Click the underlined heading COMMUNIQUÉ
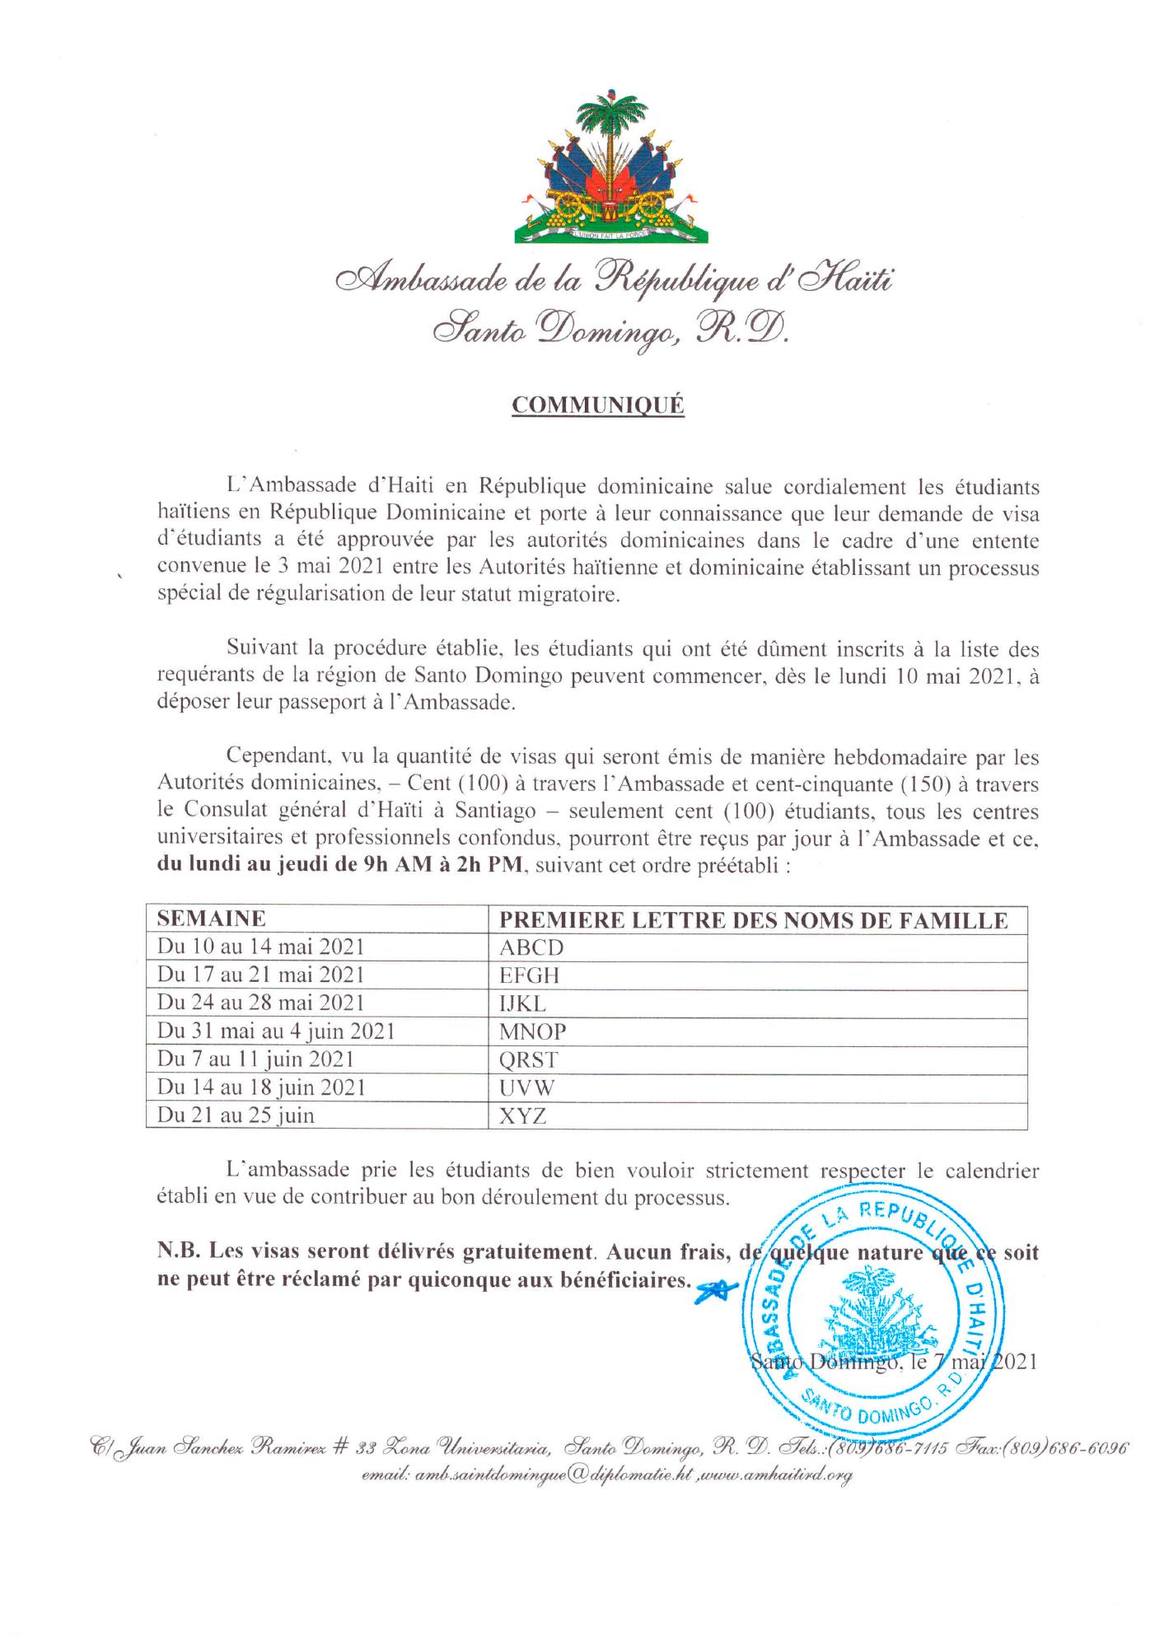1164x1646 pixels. pyautogui.click(x=598, y=405)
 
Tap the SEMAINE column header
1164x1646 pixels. pyautogui.click(x=212, y=919)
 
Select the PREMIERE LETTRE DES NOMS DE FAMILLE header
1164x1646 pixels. pyautogui.click(x=754, y=919)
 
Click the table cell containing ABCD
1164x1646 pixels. pyautogui.click(x=531, y=947)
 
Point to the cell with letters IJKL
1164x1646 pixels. pyautogui.click(x=523, y=1003)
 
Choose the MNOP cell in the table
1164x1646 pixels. pyautogui.click(x=533, y=1031)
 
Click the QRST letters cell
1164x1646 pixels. pyautogui.click(x=530, y=1059)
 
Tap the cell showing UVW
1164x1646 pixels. pyautogui.click(x=527, y=1087)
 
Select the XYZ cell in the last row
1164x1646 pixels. pyautogui.click(x=523, y=1116)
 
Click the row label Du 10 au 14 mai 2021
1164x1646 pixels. pyautogui.click(x=261, y=947)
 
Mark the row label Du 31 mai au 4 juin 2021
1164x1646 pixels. pyautogui.click(x=277, y=1031)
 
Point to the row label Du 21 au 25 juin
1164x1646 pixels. pyautogui.click(x=236, y=1115)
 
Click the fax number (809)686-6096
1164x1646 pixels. pyautogui.click(x=1079, y=1448)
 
